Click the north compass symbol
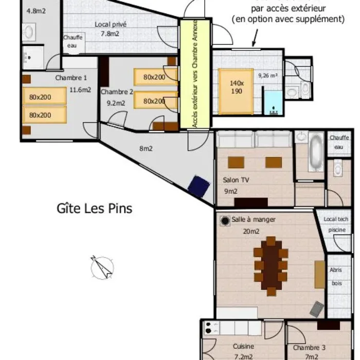(x=102, y=268)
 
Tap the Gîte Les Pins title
(x=94, y=208)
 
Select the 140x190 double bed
(x=236, y=91)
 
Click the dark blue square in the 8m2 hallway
(x=199, y=186)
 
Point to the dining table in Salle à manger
(x=271, y=266)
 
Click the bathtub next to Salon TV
(x=316, y=152)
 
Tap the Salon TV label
(x=236, y=180)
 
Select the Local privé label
(x=111, y=24)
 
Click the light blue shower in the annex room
(x=273, y=103)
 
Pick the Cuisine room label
(x=243, y=346)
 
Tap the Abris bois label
(x=336, y=277)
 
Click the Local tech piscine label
(x=336, y=224)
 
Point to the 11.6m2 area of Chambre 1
(x=80, y=90)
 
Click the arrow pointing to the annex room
(x=255, y=38)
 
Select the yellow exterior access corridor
(x=195, y=74)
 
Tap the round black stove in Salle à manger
(x=225, y=221)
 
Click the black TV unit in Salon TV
(x=251, y=202)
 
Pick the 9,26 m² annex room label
(x=268, y=75)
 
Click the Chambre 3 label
(x=309, y=348)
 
